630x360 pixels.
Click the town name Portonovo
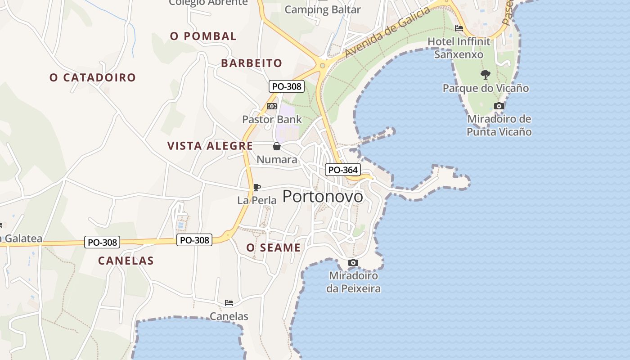(x=323, y=197)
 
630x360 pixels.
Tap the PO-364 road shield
(x=343, y=170)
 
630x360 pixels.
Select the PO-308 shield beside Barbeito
(x=287, y=86)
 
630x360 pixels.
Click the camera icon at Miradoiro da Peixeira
(x=353, y=262)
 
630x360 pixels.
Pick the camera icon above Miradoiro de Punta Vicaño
(x=499, y=106)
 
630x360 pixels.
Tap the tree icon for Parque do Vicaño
(x=485, y=74)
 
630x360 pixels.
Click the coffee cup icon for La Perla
(x=256, y=187)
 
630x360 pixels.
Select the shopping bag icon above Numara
(x=277, y=146)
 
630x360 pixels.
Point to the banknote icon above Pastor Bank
(x=272, y=106)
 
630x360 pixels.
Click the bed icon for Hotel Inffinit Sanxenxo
(x=459, y=28)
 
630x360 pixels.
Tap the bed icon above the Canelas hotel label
(x=229, y=303)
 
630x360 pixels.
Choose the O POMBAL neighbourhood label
(x=203, y=36)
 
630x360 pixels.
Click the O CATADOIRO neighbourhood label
(x=93, y=77)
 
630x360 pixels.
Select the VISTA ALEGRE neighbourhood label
(x=210, y=146)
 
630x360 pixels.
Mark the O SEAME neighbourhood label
(x=273, y=247)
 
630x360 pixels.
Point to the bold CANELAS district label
(x=126, y=261)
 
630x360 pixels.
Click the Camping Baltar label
(x=323, y=9)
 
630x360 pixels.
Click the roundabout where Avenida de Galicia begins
(x=322, y=66)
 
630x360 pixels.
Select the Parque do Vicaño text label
(x=486, y=88)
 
